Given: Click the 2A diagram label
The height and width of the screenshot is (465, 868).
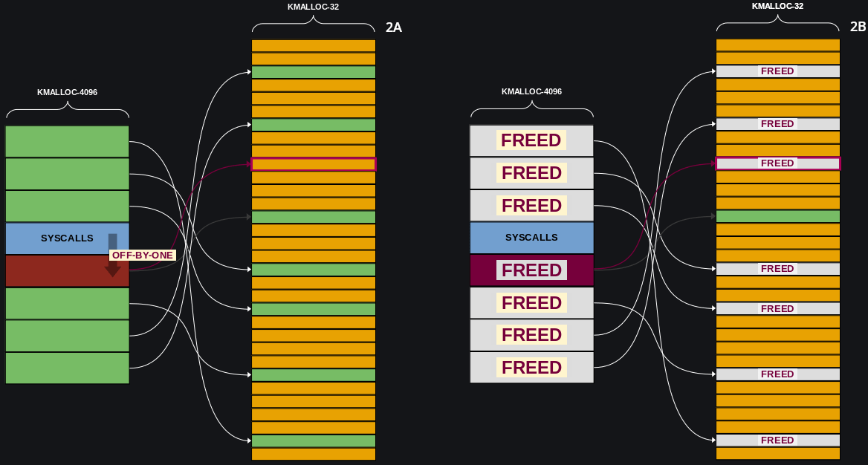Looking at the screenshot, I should (393, 27).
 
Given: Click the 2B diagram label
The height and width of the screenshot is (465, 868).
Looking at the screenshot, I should (858, 27).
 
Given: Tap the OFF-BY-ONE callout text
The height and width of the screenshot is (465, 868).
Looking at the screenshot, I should (142, 256).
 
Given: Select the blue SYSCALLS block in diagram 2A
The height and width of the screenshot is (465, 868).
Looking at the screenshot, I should (67, 238).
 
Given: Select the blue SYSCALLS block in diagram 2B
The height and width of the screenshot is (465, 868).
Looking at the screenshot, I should (531, 238).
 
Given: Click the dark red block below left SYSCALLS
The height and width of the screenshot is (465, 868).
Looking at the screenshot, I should (56, 270).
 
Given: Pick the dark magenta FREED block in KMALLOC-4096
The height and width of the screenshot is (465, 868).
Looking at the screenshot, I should (531, 270).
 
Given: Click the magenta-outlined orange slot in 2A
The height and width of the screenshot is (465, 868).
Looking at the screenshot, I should (314, 164).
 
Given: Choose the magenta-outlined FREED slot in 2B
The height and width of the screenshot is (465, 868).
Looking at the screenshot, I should (777, 163).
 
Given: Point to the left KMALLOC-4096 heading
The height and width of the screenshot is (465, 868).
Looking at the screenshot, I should (67, 93).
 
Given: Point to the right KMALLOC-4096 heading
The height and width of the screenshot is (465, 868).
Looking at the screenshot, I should (531, 92).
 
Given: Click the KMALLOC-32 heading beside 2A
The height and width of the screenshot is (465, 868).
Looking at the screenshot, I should (313, 7).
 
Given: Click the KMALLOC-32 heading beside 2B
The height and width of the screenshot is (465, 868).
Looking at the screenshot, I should (777, 6).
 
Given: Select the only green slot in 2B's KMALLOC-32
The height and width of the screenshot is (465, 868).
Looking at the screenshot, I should (777, 216).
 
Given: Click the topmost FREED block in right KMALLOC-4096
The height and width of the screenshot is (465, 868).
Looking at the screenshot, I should (531, 140).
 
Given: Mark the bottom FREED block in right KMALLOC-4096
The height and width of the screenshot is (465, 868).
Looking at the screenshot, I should (531, 368).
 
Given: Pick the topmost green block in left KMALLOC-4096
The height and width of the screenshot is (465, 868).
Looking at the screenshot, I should (67, 141).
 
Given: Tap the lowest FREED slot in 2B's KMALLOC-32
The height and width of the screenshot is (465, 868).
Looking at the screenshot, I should (777, 440).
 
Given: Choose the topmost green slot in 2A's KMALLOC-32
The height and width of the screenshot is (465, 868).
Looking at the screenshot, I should (314, 72).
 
